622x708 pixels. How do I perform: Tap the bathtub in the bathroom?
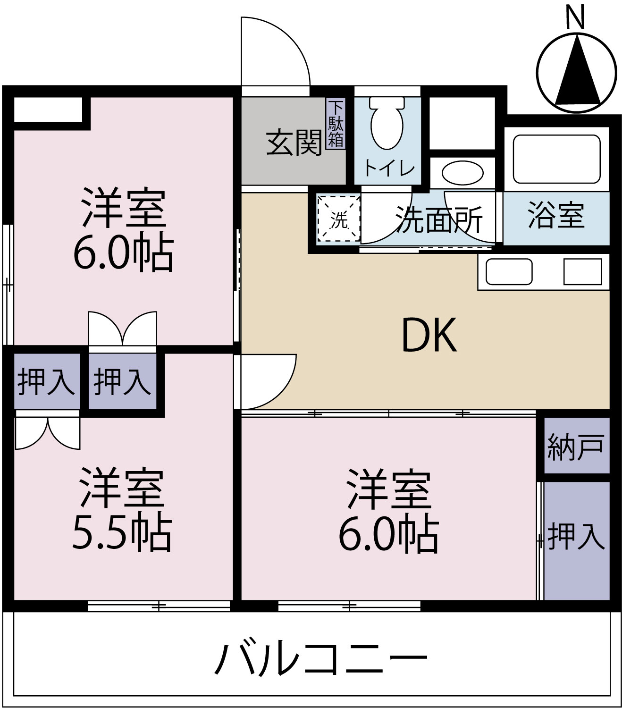556,159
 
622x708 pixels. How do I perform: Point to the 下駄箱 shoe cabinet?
336,124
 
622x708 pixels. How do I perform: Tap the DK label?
429,336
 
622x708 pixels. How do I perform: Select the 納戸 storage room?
575,446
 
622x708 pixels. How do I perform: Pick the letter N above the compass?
575,17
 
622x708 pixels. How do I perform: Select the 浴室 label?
556,216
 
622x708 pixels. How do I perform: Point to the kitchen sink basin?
509,272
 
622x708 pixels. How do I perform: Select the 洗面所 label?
439,220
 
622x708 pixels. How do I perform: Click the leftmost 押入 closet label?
46,381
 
